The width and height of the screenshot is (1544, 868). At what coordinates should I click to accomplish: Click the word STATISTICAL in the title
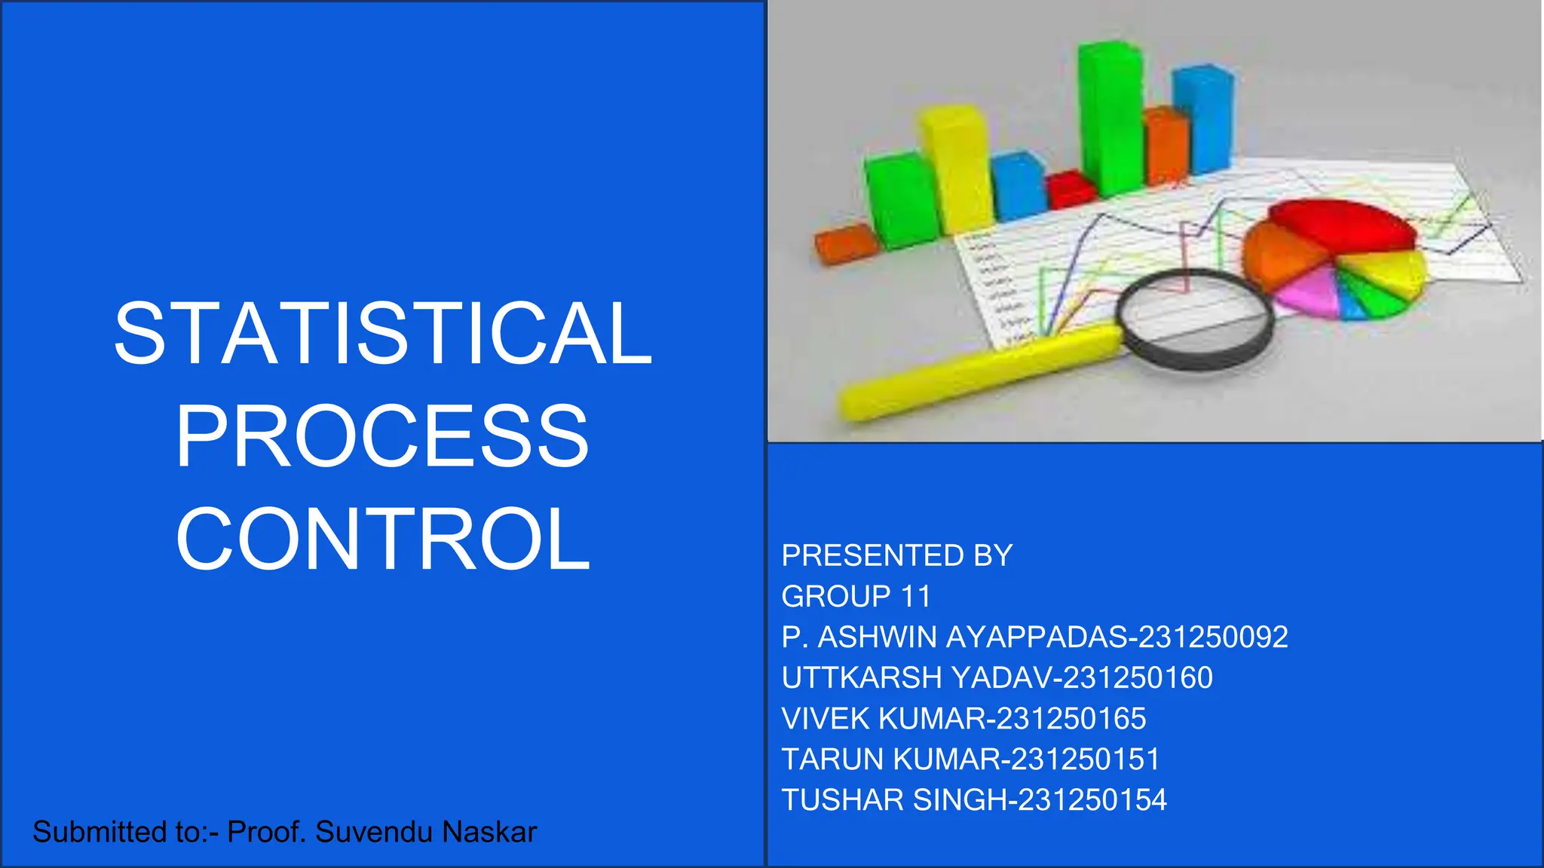[383, 334]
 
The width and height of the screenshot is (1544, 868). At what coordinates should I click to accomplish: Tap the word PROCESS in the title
[382, 437]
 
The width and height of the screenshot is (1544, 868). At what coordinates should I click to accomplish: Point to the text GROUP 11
[856, 597]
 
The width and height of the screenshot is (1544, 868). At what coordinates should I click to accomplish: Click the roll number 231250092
[1213, 637]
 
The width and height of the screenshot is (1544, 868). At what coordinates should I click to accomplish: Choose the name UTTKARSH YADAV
[916, 678]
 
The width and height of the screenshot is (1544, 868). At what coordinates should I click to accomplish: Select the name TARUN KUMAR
[890, 759]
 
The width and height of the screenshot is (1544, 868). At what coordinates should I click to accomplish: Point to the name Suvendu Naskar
[426, 833]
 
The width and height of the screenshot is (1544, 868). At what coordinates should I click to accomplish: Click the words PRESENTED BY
[897, 556]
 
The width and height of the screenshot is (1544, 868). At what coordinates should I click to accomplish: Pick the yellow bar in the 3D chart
[956, 170]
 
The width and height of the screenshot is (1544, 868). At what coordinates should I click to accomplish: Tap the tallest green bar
[1111, 117]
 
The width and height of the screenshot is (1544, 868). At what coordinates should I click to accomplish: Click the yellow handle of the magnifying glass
[980, 373]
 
